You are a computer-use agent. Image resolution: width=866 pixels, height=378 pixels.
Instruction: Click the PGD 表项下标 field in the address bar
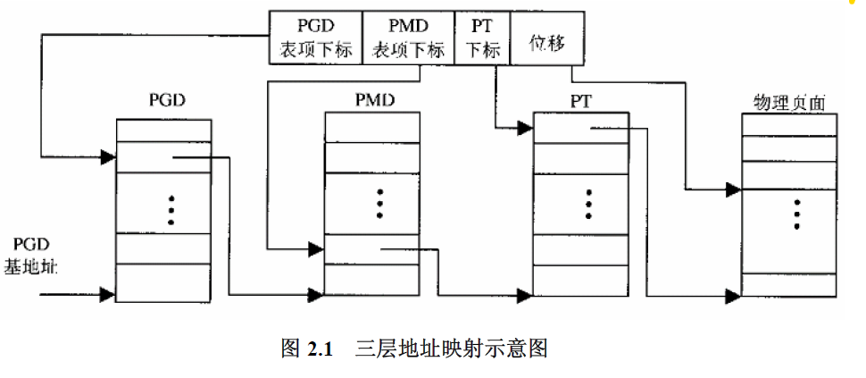pos(315,38)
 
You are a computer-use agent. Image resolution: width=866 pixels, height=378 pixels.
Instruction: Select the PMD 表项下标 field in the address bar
pos(408,38)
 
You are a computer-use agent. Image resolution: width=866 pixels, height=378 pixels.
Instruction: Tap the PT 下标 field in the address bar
pos(482,38)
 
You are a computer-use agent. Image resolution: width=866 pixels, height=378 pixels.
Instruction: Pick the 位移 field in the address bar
pos(546,38)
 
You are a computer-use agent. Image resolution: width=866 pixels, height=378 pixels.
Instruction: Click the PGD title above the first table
pos(167,101)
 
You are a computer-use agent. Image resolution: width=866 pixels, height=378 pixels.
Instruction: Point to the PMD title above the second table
pos(375,101)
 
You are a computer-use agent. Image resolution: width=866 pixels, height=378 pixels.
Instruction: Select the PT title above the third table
pos(580,101)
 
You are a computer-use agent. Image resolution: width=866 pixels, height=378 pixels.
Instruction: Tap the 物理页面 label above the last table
pos(789,103)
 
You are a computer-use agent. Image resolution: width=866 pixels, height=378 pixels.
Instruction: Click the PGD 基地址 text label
pos(31,256)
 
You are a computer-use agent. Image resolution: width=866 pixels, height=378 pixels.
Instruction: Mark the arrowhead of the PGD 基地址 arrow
pos(108,294)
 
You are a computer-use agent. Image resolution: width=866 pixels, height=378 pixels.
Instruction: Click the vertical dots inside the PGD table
pos(171,210)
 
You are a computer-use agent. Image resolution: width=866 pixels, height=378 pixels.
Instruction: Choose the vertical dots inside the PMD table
pos(380,204)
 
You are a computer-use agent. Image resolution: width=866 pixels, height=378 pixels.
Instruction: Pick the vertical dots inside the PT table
pos(588,204)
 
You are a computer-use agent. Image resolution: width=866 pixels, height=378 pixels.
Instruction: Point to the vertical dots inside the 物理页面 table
pos(797,214)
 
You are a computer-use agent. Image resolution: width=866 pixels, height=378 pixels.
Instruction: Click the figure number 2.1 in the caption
pos(320,349)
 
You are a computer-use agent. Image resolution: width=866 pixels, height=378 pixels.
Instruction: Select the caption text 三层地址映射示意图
pos(451,349)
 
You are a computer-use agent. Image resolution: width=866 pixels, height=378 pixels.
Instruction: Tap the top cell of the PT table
pos(581,128)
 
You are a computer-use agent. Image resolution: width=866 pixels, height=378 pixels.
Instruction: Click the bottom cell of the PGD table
pos(163,282)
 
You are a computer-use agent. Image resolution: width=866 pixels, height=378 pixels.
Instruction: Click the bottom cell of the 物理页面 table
pos(789,284)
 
